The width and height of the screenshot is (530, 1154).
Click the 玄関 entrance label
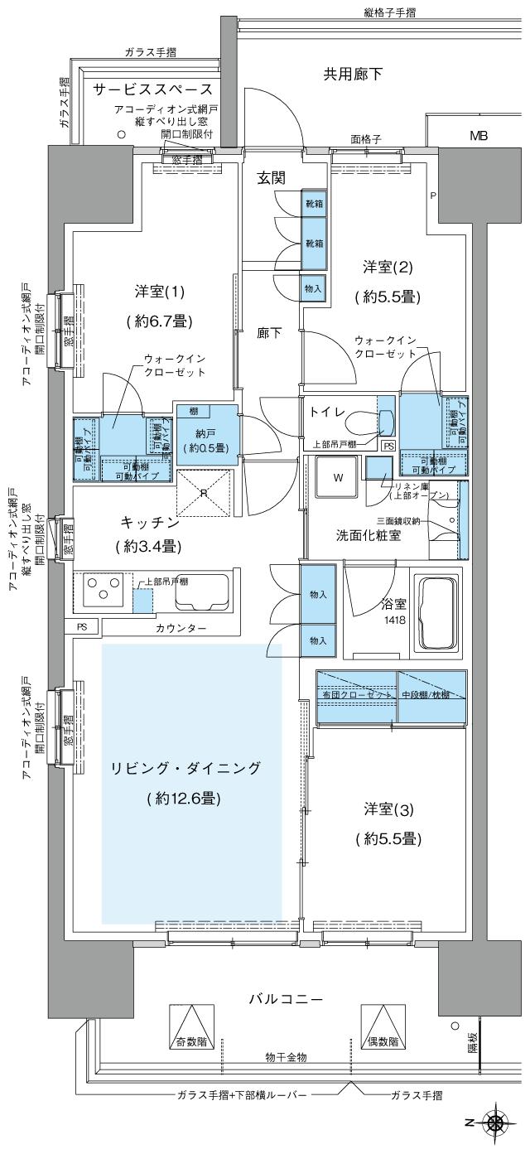pos(271,177)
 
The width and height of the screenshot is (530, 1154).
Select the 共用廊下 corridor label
pos(352,75)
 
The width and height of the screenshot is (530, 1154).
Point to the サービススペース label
pos(152,89)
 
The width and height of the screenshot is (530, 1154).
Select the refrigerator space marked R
pos(204,492)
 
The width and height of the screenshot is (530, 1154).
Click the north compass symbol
pos(496,1123)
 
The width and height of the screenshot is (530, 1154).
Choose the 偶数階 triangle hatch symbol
pos(382,1027)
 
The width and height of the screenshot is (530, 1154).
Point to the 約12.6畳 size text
pos(185,799)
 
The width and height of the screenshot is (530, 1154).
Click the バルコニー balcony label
pos(286,999)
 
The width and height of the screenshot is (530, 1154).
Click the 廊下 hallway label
pos(269,333)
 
